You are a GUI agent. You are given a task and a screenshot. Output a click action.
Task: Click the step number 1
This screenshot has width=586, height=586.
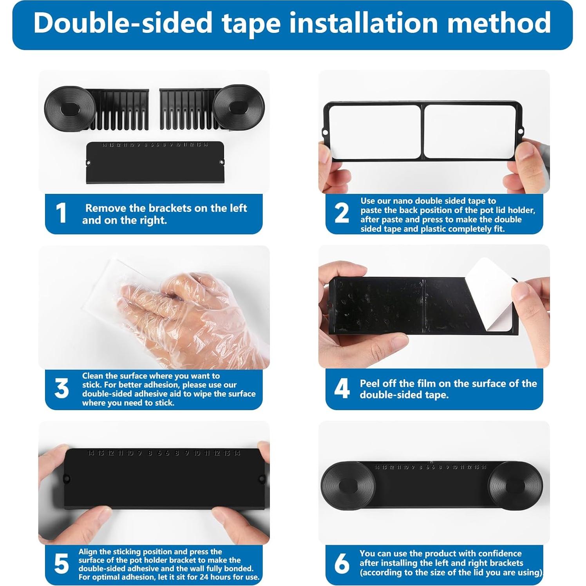click(61, 213)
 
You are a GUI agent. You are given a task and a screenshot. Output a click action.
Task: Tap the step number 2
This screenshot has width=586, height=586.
click(342, 213)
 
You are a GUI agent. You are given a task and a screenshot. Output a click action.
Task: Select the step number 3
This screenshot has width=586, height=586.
click(61, 389)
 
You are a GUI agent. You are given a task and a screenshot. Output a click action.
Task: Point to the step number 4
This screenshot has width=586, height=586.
click(342, 389)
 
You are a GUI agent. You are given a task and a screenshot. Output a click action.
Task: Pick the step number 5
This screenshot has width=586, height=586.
click(61, 564)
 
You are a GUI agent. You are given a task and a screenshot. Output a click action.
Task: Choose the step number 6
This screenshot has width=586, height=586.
click(342, 564)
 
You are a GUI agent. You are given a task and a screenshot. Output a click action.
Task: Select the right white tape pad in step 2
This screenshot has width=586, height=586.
click(472, 132)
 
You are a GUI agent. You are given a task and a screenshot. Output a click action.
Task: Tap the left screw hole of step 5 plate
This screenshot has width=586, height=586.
click(67, 479)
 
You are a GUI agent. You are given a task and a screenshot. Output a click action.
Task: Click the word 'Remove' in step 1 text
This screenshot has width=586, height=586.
click(106, 208)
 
